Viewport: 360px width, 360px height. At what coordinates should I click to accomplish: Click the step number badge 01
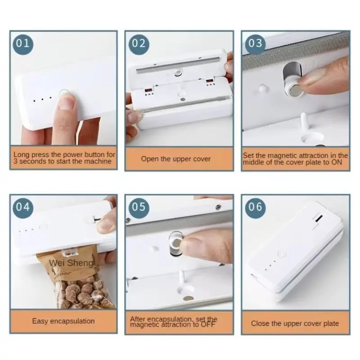click(x=23, y=43)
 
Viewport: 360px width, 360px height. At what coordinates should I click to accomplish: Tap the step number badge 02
click(x=139, y=43)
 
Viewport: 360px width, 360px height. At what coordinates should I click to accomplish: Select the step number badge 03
click(x=255, y=43)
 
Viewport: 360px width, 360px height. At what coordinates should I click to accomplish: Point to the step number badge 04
click(x=23, y=207)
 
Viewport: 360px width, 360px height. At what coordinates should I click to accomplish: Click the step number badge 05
click(x=139, y=207)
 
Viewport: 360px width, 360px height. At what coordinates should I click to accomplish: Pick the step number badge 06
click(x=255, y=207)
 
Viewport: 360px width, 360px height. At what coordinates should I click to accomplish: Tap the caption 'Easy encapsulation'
click(x=63, y=321)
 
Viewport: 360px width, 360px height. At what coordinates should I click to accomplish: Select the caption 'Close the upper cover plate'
click(x=295, y=323)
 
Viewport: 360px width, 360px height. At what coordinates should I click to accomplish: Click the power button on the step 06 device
click(x=283, y=255)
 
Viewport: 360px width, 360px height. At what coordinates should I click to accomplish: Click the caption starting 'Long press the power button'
click(x=63, y=157)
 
